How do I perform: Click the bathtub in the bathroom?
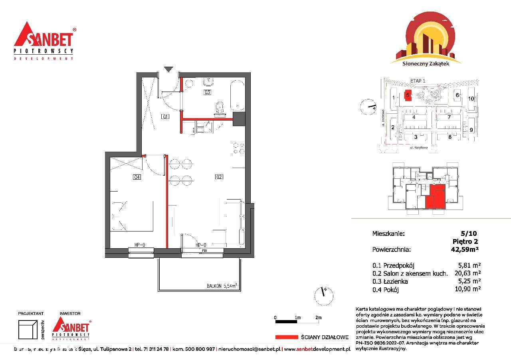[237, 95]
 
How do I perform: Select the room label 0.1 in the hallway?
[165, 117]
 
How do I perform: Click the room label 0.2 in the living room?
[219, 177]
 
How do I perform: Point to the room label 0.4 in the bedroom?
[137, 177]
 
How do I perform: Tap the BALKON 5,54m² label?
[222, 286]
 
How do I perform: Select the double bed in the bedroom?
[132, 216]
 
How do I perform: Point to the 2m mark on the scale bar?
[318, 318]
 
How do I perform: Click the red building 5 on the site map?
[408, 95]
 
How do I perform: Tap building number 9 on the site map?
[471, 130]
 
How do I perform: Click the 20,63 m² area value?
[467, 273]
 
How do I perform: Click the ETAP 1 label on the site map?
[418, 81]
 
